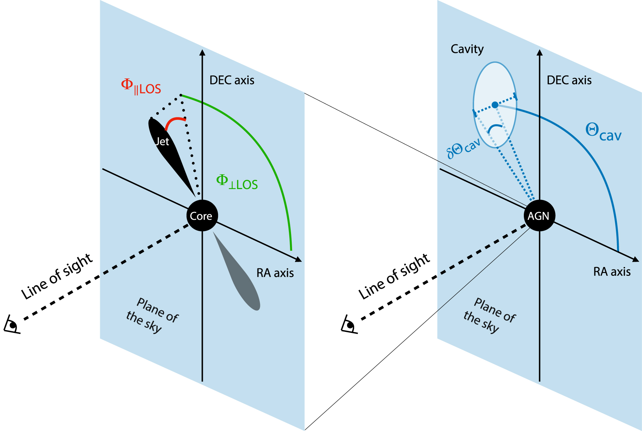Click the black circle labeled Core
tap(202, 215)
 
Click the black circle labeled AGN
tap(539, 215)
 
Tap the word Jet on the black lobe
tap(162, 141)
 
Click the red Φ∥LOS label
tap(141, 87)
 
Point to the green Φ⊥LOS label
tap(237, 182)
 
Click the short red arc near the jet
tap(174, 122)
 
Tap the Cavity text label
tap(467, 49)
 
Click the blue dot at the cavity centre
tap(495, 105)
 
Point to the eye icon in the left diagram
tap(12, 324)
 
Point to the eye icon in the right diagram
tap(349, 324)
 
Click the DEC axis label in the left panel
tap(232, 80)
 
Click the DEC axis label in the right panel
tap(569, 80)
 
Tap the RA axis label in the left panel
tap(275, 273)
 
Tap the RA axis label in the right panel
tap(612, 272)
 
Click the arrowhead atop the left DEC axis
tap(202, 53)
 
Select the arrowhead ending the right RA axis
tap(636, 260)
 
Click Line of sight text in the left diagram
tap(57, 277)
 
